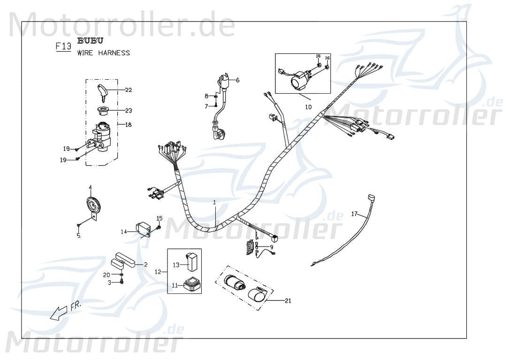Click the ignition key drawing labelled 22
pos(104,92)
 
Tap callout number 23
pos(129,111)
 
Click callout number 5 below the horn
pos(78,236)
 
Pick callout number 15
pos(160,218)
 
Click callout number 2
pos(145,264)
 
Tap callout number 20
pos(106,275)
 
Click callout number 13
pos(176,265)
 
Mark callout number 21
pos(288,300)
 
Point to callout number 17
pos(354,214)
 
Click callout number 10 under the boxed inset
pos(308,107)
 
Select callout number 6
pos(237,80)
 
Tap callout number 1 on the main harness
pos(214,202)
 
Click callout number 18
pos(128,125)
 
